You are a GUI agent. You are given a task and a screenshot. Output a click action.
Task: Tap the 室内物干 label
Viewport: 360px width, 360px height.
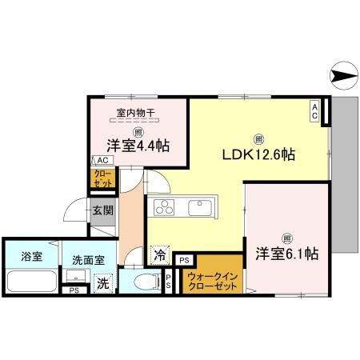(134, 113)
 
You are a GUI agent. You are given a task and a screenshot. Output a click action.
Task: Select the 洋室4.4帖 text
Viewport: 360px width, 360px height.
(135, 146)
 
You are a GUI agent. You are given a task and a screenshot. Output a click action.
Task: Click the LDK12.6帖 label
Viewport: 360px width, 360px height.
(258, 154)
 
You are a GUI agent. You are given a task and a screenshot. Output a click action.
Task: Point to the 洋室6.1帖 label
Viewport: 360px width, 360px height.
(288, 254)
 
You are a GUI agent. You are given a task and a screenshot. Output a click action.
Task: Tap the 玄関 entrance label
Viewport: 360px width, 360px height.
(101, 211)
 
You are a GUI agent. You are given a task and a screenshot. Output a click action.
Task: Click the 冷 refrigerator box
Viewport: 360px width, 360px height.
(159, 257)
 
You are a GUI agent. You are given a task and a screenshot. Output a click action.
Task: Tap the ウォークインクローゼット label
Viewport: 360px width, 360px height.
(212, 281)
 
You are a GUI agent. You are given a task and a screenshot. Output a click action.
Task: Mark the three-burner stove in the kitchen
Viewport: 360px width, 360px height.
(165, 209)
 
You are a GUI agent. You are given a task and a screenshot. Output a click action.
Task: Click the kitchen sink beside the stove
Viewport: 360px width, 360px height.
(198, 208)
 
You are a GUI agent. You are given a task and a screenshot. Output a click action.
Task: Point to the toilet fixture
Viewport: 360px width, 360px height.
(143, 281)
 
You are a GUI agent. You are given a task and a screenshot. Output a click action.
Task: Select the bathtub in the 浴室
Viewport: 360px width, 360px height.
(32, 282)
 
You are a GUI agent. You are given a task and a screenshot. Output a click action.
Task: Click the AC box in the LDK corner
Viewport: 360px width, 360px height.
(315, 111)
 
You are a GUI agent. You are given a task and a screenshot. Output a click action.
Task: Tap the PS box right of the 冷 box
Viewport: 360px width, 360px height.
(184, 259)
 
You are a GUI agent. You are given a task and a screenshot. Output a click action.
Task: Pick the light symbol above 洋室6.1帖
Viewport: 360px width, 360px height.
(286, 236)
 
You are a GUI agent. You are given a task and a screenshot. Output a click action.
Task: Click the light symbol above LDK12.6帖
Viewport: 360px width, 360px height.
(258, 136)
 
